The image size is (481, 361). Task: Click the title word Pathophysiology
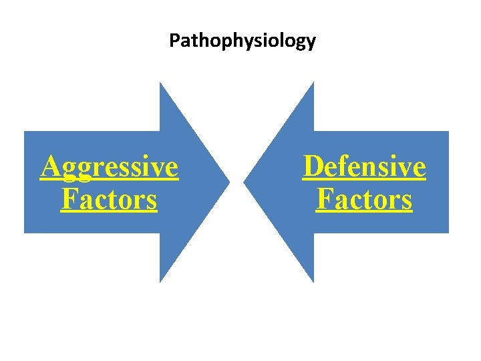pos(242,41)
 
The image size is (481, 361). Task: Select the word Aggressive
pos(110,167)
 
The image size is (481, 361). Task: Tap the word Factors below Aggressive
pos(109,199)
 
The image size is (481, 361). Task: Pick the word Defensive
pos(364,166)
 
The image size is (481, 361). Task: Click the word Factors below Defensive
pos(364,199)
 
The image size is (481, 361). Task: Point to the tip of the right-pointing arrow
pos(230,182)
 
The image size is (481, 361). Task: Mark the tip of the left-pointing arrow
pos(244,182)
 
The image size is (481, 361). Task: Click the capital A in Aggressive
pos(49,166)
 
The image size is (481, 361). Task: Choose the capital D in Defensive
pos(312,166)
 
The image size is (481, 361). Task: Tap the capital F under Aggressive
pos(67,199)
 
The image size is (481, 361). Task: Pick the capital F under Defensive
pos(323,199)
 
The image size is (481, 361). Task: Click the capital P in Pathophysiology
pos(174,41)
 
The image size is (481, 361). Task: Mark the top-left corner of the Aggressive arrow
pos(25,132)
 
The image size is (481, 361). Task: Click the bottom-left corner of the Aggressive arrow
pos(25,233)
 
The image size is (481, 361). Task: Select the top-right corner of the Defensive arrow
pos(448,132)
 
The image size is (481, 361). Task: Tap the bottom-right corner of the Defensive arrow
pos(448,233)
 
